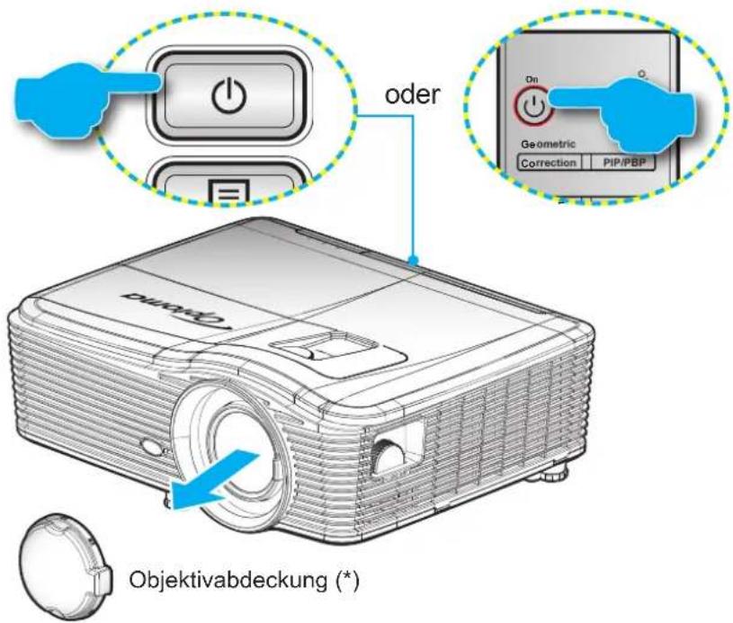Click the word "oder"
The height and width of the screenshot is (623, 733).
pyautogui.click(x=412, y=94)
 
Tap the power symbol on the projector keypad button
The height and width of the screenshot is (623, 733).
pyautogui.click(x=229, y=95)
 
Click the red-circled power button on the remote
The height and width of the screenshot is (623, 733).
pyautogui.click(x=533, y=107)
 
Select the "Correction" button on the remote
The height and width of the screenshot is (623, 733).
pyautogui.click(x=549, y=163)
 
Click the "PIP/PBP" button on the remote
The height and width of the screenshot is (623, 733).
pyautogui.click(x=623, y=163)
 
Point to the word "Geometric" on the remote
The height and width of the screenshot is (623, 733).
pyautogui.click(x=548, y=145)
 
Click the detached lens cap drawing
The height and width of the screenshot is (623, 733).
pyautogui.click(x=66, y=566)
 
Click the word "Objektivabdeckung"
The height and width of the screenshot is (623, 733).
pyautogui.click(x=228, y=580)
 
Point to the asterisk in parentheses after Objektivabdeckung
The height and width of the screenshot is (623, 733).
pyautogui.click(x=348, y=580)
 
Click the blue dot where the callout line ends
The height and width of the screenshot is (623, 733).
pyautogui.click(x=413, y=261)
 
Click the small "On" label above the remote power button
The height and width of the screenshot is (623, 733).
pyautogui.click(x=532, y=79)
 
